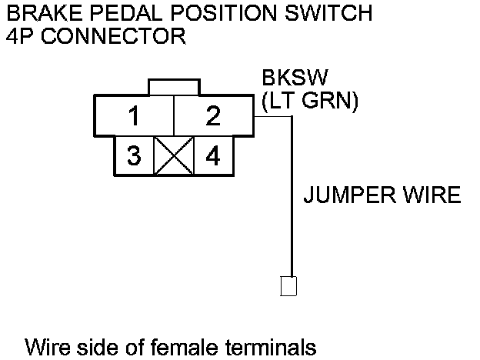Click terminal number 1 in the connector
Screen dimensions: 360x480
[135, 118]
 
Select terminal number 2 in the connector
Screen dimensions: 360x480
[213, 118]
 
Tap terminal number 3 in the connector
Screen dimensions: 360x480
[135, 156]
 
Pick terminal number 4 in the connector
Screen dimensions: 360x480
[213, 156]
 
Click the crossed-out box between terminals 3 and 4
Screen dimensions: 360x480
[174, 156]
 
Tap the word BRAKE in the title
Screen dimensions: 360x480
[39, 13]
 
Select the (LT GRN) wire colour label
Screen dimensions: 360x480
[309, 102]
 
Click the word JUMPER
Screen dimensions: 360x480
[343, 195]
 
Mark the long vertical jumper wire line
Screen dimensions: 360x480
[291, 200]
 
